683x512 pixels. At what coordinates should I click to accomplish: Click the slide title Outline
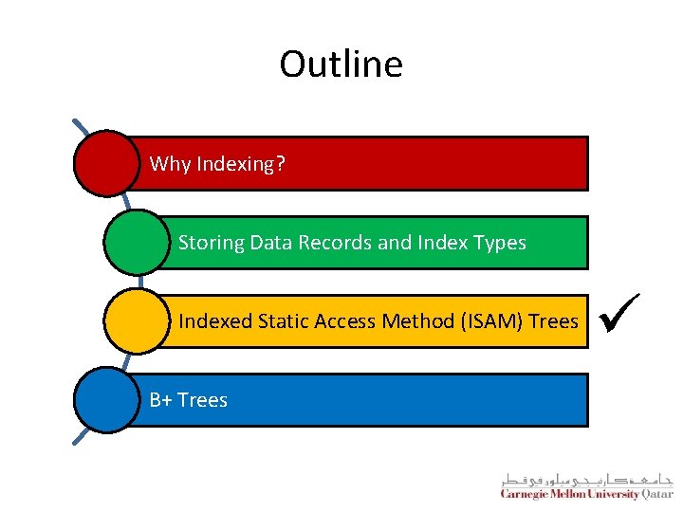tap(341, 64)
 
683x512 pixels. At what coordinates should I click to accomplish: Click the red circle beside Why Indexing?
tap(107, 163)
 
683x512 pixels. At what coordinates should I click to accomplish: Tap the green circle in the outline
tap(137, 242)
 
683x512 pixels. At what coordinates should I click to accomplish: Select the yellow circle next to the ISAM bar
tap(137, 321)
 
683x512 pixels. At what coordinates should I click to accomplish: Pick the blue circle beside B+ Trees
tap(107, 400)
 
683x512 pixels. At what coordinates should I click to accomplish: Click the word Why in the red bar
tap(170, 164)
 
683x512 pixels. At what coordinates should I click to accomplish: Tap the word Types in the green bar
tap(501, 243)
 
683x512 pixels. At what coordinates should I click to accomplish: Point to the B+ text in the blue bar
tap(160, 400)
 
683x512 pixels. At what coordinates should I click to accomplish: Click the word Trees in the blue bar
tap(202, 400)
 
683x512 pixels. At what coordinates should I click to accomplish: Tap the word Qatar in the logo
tap(657, 494)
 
